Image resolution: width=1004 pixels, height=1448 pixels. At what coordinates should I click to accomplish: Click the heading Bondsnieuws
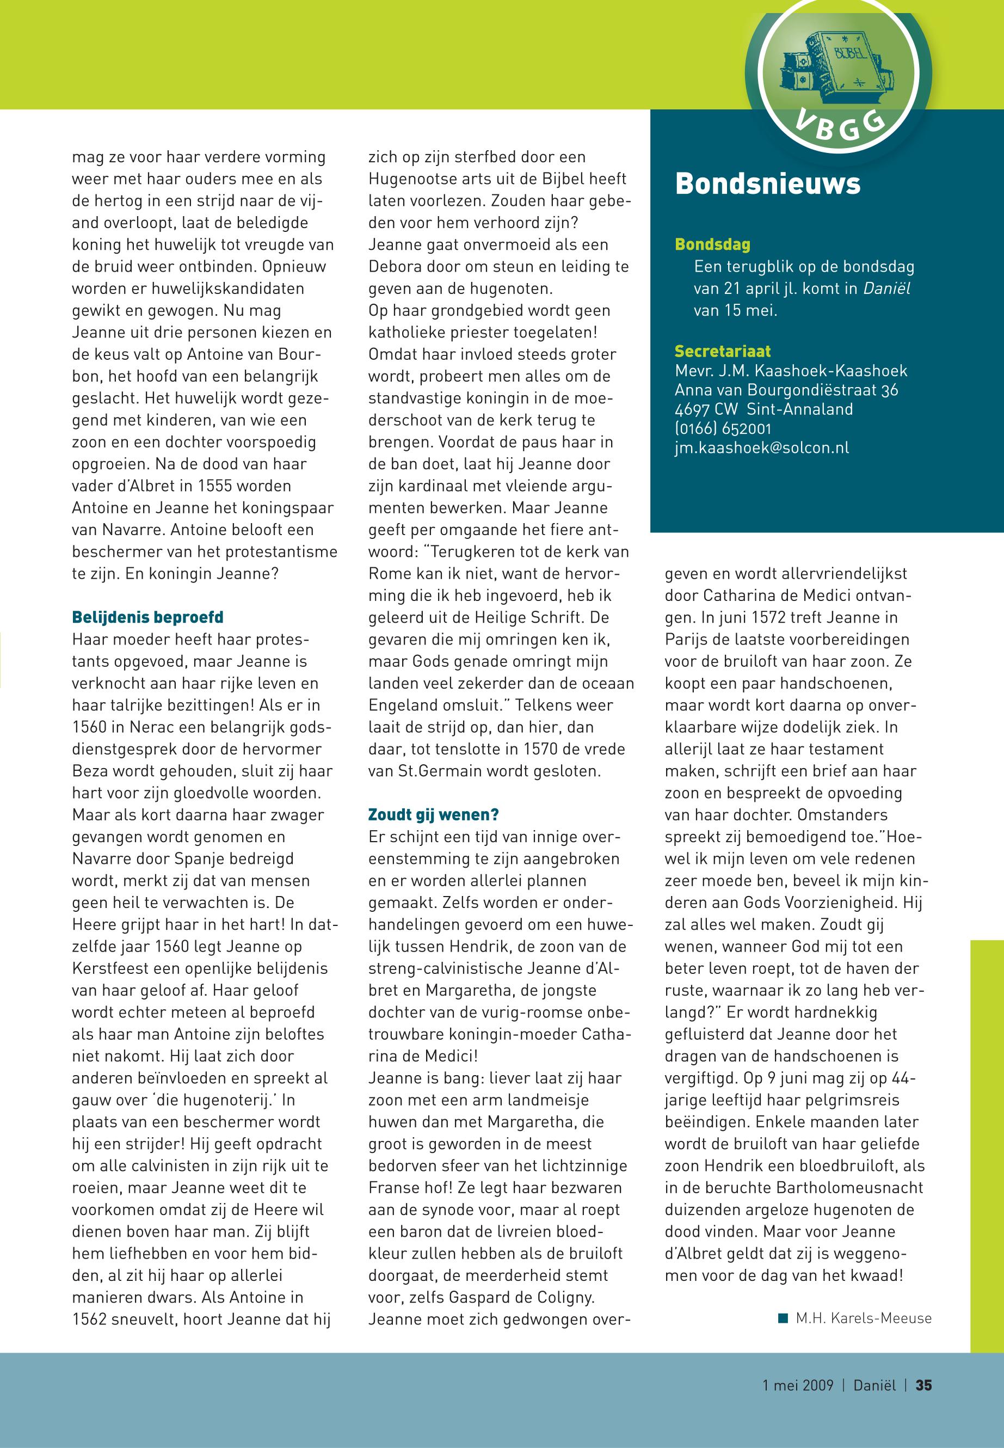click(767, 184)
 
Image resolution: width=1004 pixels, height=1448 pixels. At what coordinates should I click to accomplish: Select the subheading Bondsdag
click(712, 244)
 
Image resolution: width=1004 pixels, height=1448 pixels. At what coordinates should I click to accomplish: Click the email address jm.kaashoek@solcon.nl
click(762, 447)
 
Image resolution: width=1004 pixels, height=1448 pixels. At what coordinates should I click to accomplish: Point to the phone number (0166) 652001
click(723, 428)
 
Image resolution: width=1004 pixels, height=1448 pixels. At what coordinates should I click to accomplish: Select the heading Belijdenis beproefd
click(148, 617)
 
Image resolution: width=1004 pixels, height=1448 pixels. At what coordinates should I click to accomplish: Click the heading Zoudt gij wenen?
click(433, 815)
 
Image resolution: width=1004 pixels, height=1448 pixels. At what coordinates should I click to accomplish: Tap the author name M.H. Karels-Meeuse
click(863, 1318)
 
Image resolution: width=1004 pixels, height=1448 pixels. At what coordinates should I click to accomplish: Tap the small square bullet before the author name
click(783, 1318)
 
